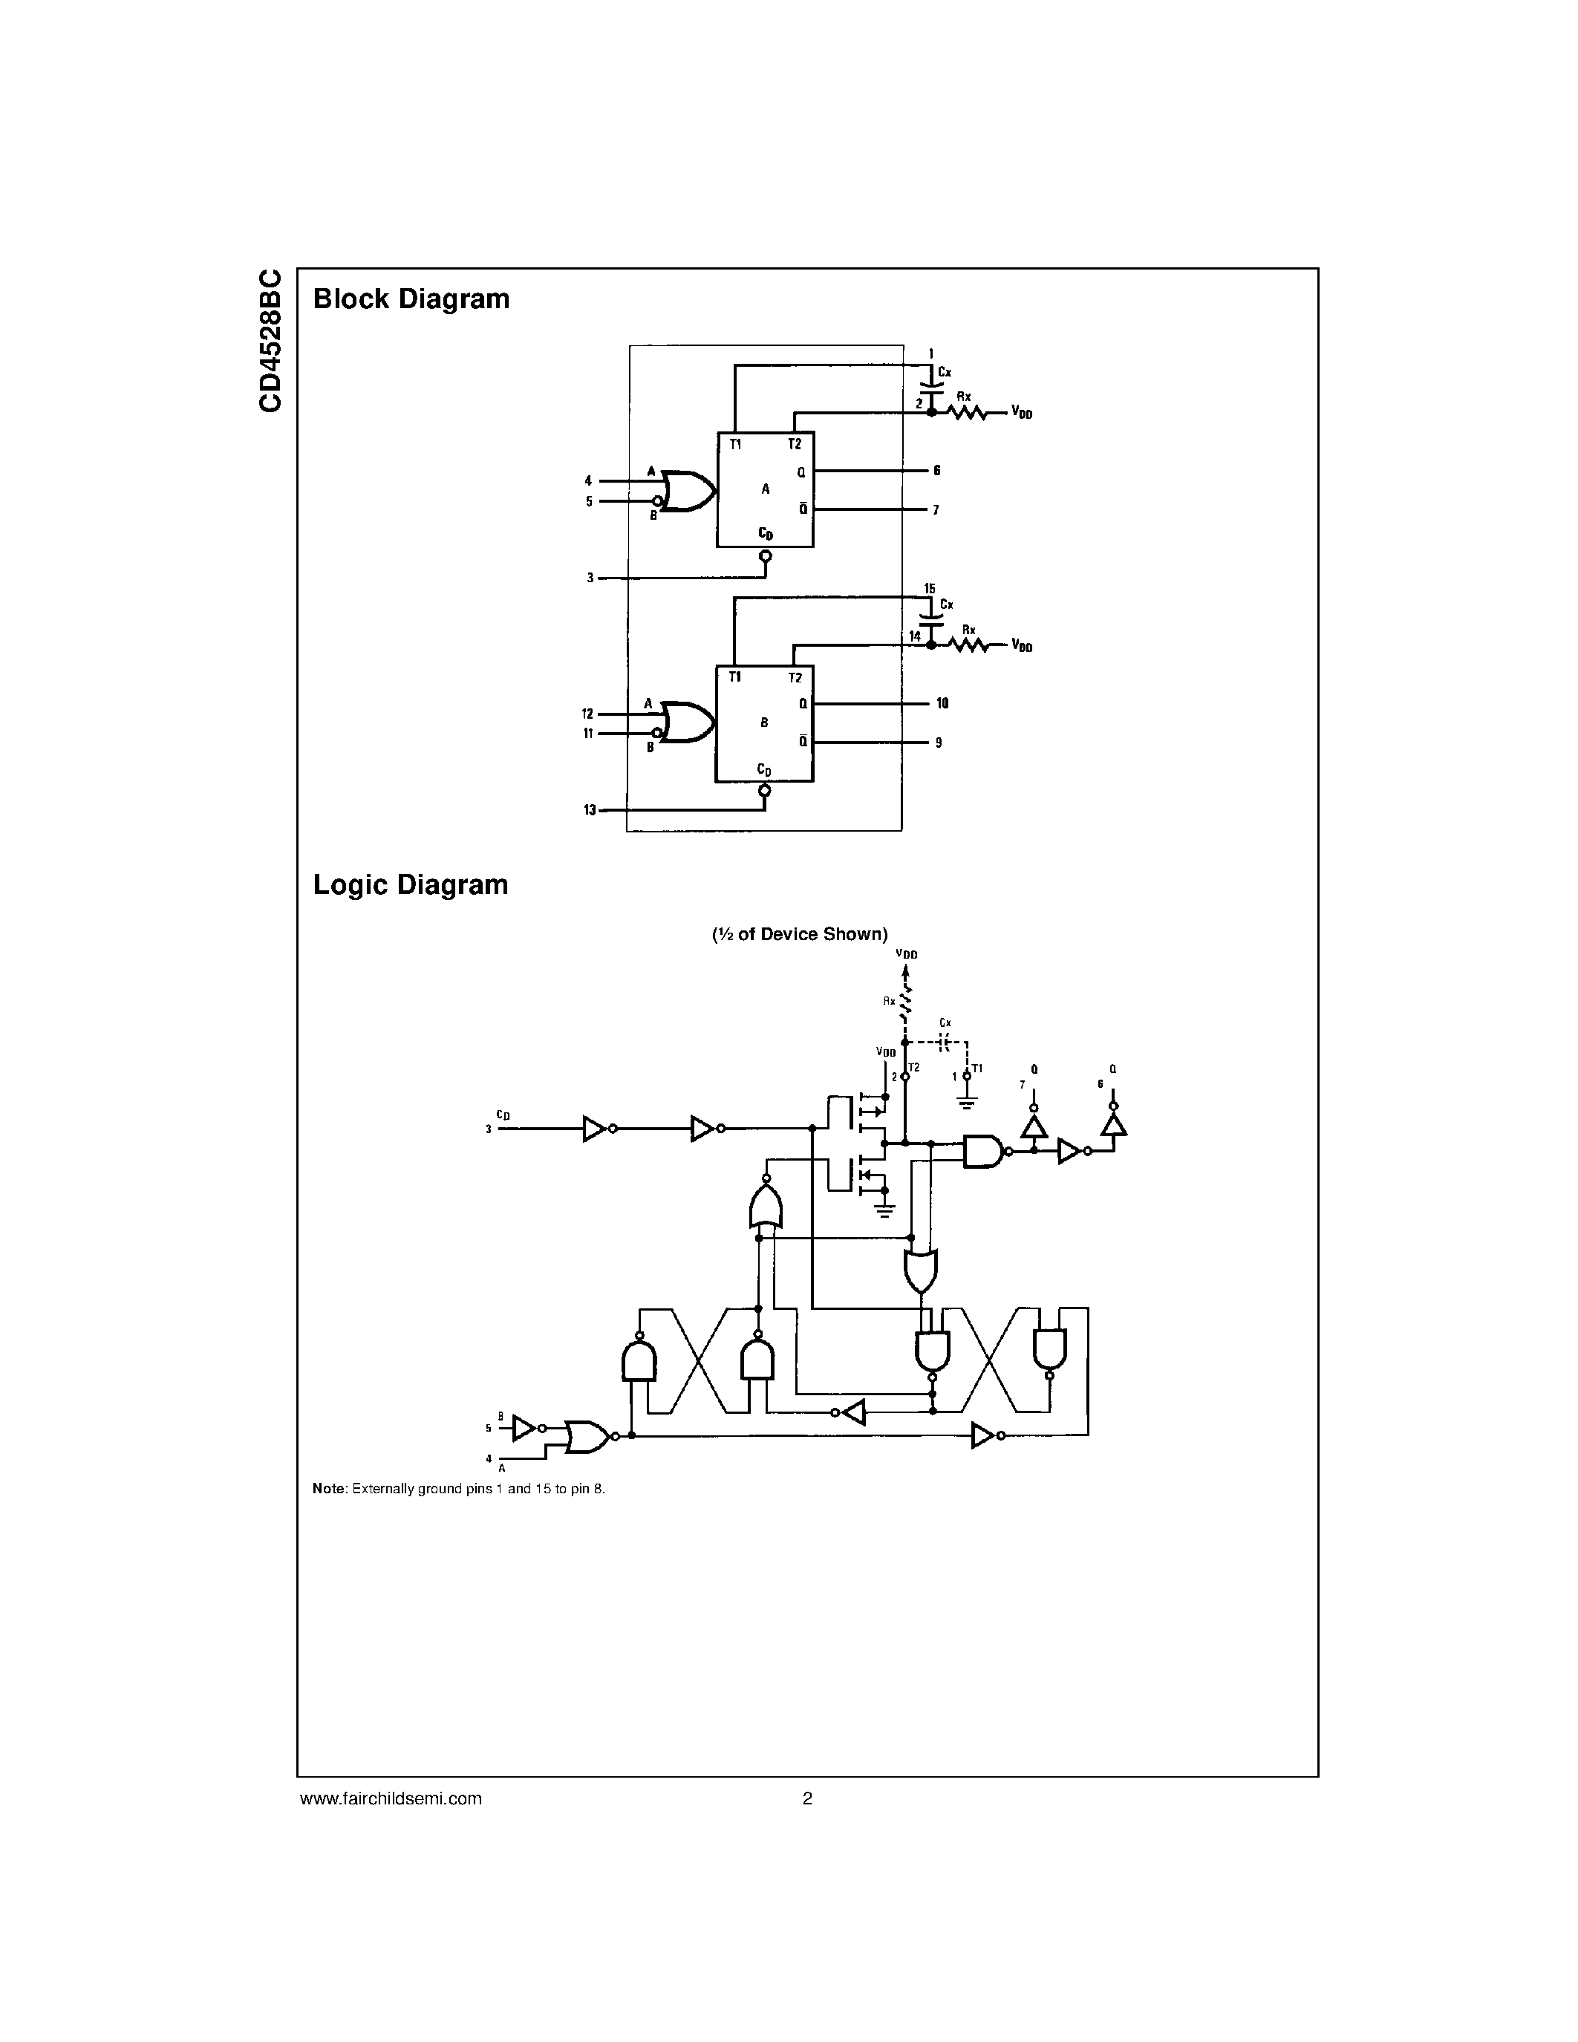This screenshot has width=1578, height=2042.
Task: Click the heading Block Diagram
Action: pyautogui.click(x=411, y=299)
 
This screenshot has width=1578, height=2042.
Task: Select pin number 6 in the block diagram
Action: pyautogui.click(x=936, y=470)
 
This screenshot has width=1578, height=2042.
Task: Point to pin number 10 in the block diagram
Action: pyautogui.click(x=942, y=703)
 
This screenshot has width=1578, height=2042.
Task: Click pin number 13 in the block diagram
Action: pyautogui.click(x=590, y=809)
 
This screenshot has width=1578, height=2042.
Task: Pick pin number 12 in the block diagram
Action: pyautogui.click(x=588, y=714)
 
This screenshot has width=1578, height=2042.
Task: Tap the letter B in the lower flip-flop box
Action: pyautogui.click(x=764, y=722)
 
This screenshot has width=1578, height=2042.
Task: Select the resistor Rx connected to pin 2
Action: pyautogui.click(x=968, y=411)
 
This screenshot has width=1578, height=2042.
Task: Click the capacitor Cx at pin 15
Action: pyautogui.click(x=930, y=618)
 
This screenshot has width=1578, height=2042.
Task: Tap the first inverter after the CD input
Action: pyautogui.click(x=595, y=1129)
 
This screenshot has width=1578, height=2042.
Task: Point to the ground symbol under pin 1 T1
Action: pyautogui.click(x=968, y=1103)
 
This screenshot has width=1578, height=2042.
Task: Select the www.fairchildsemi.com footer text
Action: pyautogui.click(x=391, y=1798)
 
